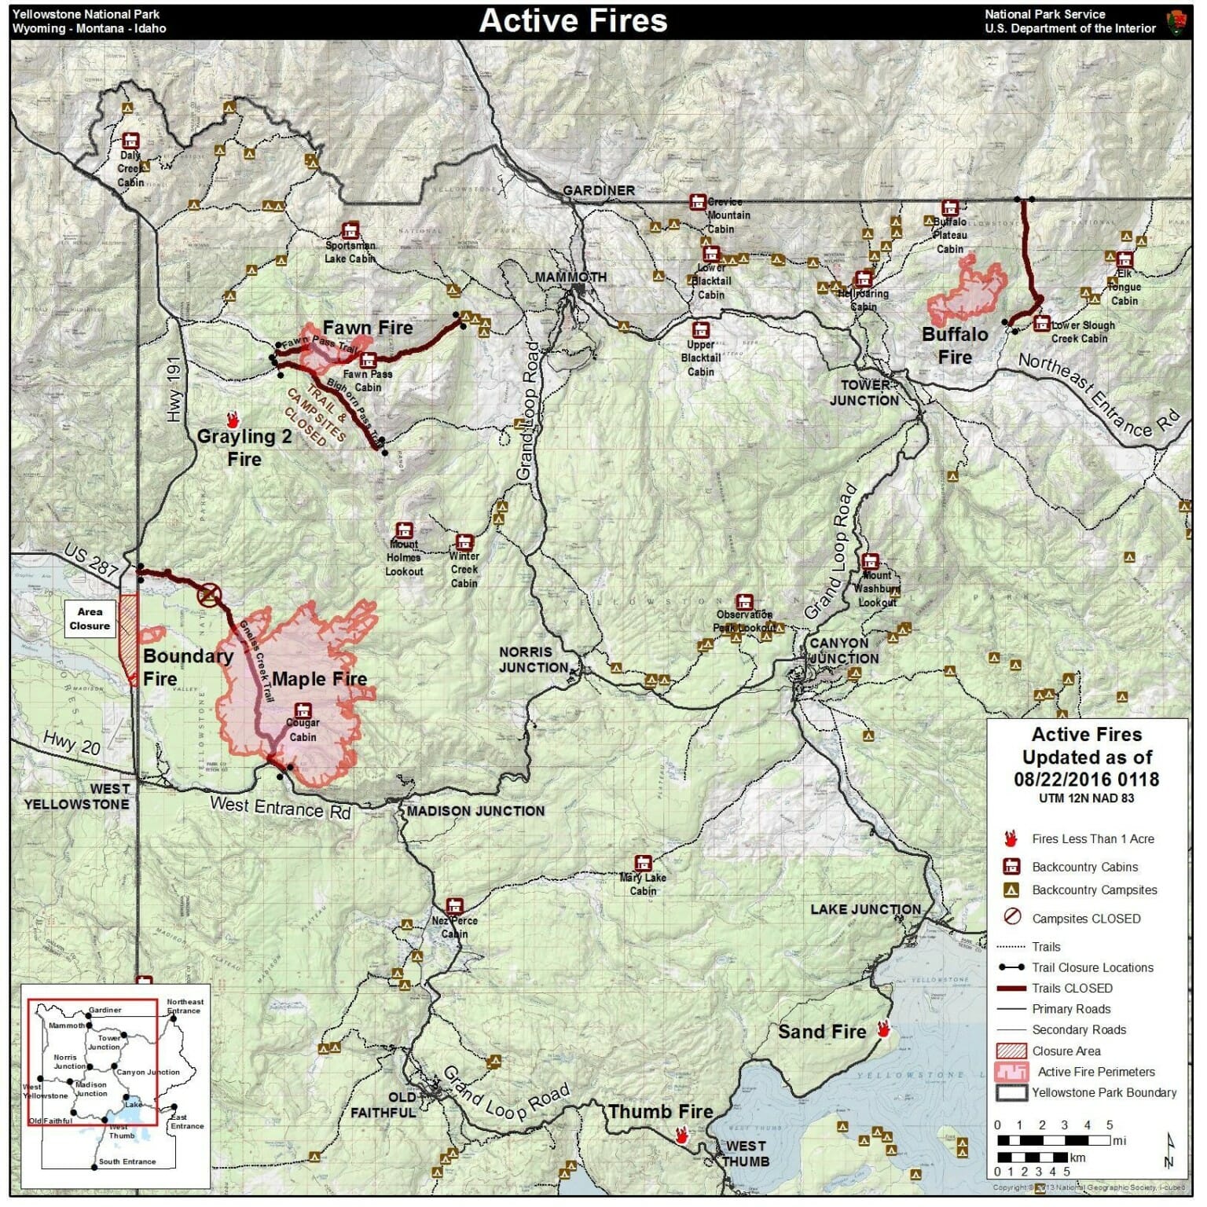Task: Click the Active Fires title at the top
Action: click(573, 21)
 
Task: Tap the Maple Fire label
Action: click(319, 679)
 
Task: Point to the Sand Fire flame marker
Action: click(883, 1029)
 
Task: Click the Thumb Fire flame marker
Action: click(681, 1135)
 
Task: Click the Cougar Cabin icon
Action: click(303, 710)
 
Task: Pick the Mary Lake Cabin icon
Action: click(643, 863)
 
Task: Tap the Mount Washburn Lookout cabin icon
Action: click(870, 561)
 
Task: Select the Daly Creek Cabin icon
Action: click(130, 141)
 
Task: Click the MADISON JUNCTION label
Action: click(475, 811)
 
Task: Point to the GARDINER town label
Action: click(599, 190)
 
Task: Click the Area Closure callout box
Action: click(90, 618)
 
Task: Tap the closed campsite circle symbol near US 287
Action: click(210, 595)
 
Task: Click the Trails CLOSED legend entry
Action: click(1072, 989)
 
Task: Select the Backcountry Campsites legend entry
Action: click(1094, 890)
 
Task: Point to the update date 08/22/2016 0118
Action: click(1086, 780)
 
